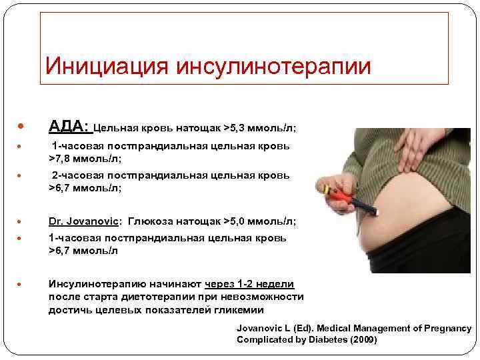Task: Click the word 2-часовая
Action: click(x=79, y=175)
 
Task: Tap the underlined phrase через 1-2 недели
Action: click(x=249, y=283)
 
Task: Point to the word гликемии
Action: click(x=242, y=310)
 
